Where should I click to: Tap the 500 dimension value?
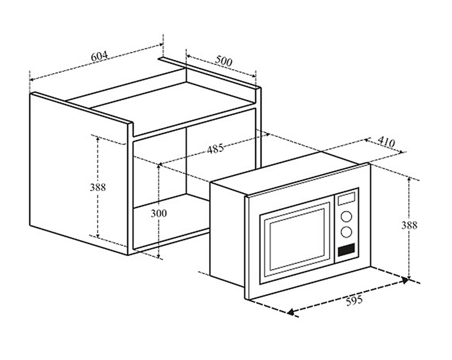coord(223,61)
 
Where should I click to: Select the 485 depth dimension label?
coord(215,149)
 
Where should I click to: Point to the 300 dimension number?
coord(159,213)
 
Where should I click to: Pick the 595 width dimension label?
coord(354,301)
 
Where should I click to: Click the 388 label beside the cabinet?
coord(98,187)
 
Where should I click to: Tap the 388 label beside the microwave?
coord(409,225)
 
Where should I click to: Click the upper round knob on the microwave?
coord(346,217)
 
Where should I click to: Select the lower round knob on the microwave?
coord(346,232)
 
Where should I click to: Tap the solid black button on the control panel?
coord(346,250)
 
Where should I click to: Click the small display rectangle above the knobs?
coord(346,199)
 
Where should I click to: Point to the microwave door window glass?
coord(297,239)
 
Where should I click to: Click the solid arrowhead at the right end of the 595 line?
coord(406,280)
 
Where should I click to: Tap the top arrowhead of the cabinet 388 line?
coord(98,139)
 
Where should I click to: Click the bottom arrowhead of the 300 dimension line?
coord(159,256)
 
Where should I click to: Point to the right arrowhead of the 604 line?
coord(161,44)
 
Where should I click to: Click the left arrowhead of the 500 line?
coord(188,56)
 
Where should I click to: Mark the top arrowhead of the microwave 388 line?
coord(409,179)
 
